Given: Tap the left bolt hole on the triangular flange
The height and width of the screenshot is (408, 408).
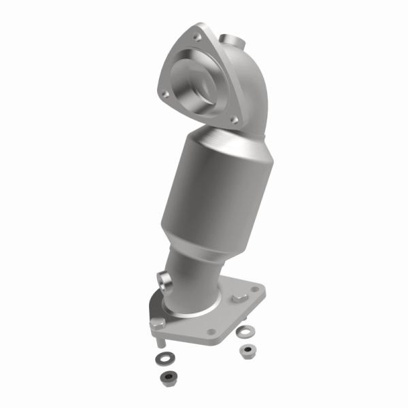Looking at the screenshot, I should pyautogui.click(x=162, y=90).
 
